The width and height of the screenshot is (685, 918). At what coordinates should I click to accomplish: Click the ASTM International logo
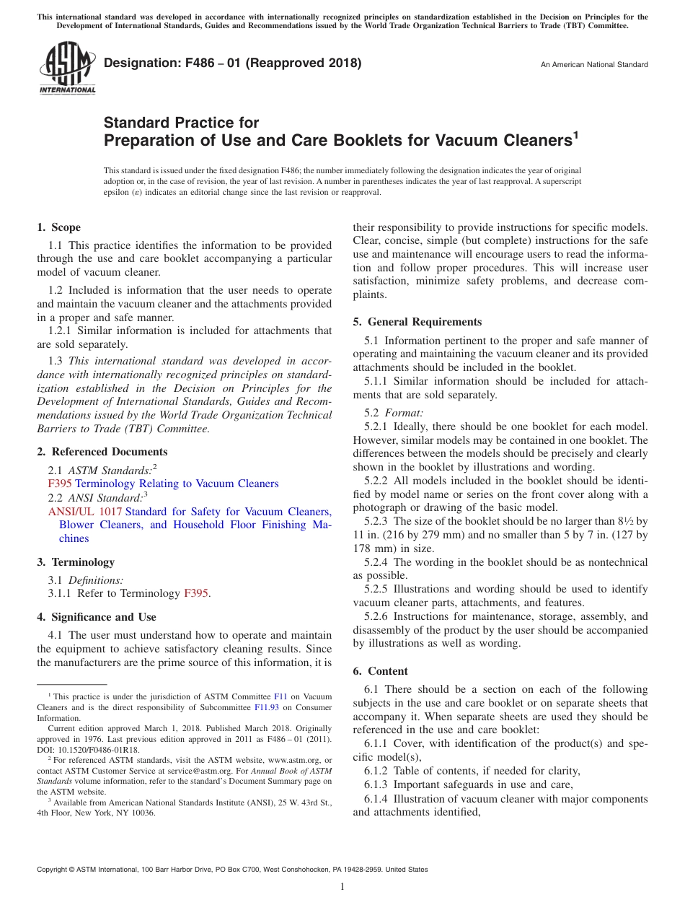66,69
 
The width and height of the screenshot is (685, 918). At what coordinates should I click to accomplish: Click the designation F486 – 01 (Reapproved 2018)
232,64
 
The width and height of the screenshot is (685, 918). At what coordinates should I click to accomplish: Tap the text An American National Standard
593,65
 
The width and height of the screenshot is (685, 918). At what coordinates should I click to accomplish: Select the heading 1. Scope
59,227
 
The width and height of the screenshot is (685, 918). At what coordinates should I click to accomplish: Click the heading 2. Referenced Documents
102,452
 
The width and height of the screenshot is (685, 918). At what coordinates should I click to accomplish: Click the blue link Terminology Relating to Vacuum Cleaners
177,484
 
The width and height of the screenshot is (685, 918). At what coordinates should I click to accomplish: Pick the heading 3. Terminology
76,562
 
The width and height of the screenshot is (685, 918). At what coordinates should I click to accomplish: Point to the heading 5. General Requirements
417,322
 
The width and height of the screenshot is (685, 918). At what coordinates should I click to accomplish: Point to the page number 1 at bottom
342,887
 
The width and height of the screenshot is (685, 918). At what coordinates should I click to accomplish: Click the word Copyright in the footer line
53,870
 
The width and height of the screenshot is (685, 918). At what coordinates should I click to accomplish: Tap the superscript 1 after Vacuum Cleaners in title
575,134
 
